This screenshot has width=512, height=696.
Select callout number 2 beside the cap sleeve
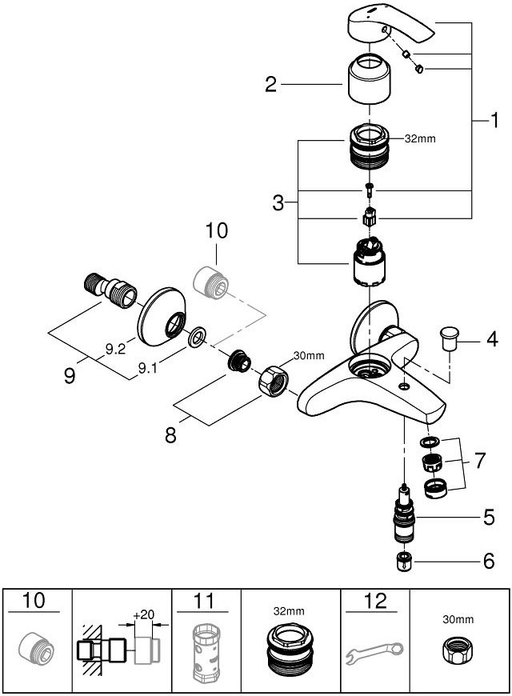tap(271, 84)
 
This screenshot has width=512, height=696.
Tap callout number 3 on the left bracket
tap(278, 203)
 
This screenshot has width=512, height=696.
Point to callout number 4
tap(492, 339)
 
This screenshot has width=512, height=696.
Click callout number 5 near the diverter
tap(488, 518)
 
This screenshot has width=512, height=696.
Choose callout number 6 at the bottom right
tap(488, 561)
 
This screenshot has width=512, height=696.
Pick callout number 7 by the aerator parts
tap(480, 461)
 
